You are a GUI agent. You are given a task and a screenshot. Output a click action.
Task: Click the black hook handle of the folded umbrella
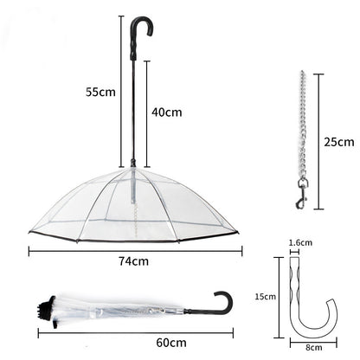222,305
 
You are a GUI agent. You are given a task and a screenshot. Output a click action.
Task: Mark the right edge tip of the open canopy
236,232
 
